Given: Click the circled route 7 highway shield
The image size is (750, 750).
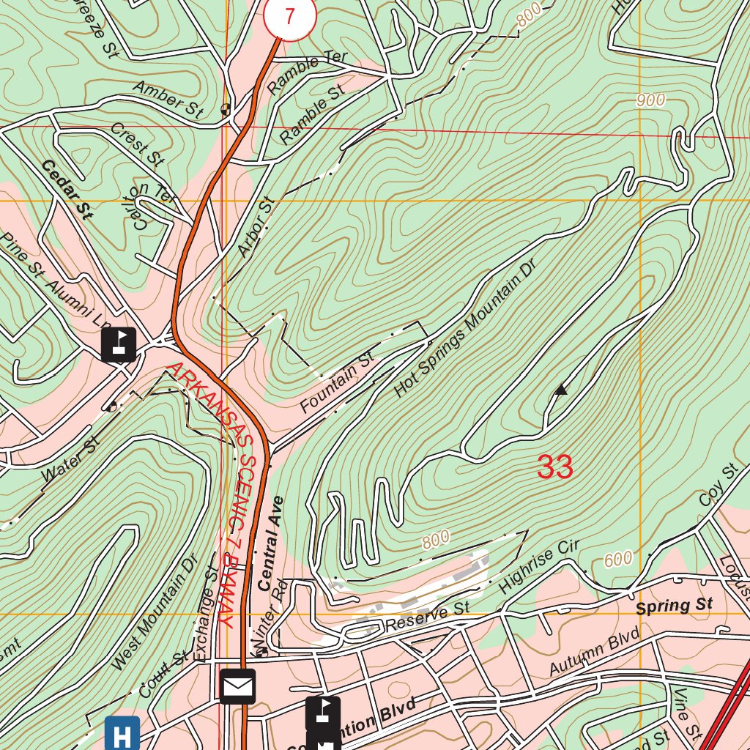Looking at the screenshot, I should [x=289, y=16].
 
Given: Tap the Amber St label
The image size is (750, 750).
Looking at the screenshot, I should [x=168, y=100].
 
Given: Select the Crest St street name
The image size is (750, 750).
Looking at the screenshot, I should [x=137, y=144].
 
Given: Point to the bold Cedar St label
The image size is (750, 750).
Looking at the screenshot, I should [x=67, y=190].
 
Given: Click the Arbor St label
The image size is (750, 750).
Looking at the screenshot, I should [x=254, y=227].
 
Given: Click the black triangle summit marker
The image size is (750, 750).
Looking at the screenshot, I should [x=561, y=390].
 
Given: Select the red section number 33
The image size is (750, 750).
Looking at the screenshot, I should [x=554, y=467].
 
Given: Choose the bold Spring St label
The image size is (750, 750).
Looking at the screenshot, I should [x=674, y=606].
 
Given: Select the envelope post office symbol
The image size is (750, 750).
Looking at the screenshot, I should [x=237, y=686].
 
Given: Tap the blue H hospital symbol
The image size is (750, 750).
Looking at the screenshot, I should [x=122, y=733].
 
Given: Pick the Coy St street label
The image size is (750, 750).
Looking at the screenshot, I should [x=718, y=486].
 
